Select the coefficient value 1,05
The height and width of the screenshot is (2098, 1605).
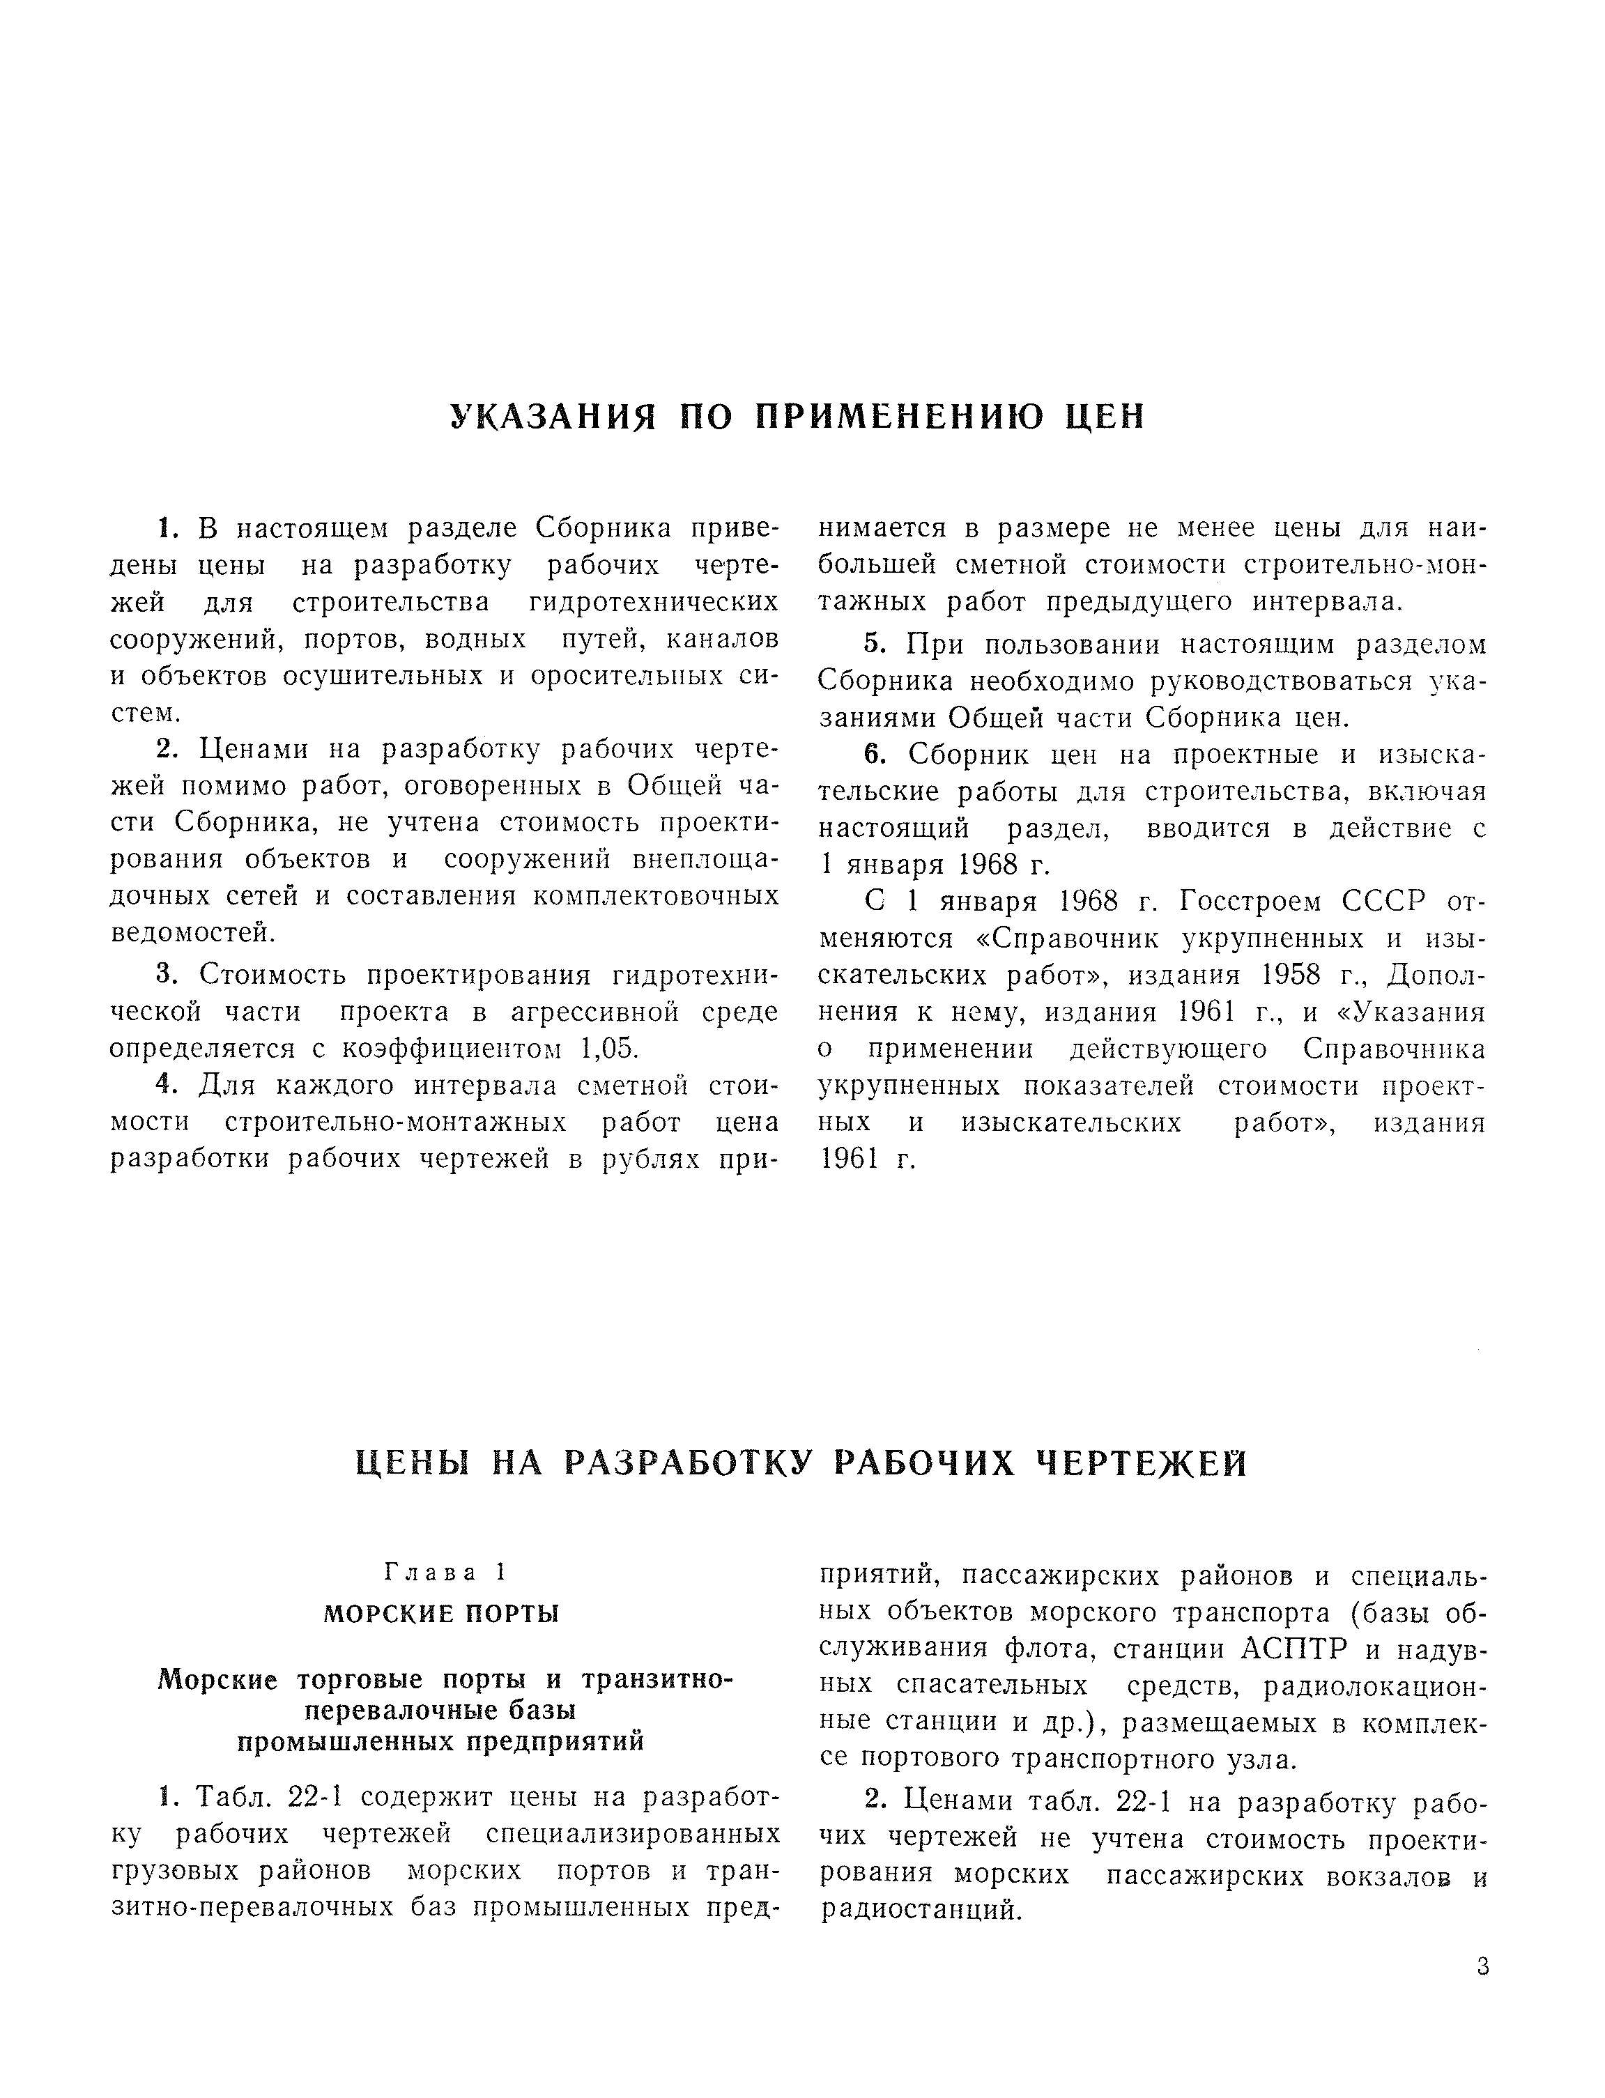[608, 1049]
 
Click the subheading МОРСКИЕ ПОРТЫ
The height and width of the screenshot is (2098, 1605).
[441, 1614]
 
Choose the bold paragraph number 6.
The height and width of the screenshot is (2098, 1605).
[873, 755]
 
